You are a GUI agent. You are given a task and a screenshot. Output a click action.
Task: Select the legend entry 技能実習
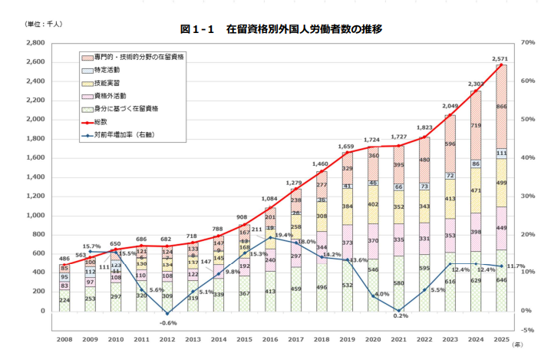pyautogui.click(x=107, y=83)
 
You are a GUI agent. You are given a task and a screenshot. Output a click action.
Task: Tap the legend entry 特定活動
pyautogui.click(x=107, y=70)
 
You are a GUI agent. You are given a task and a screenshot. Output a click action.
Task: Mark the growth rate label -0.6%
pyautogui.click(x=167, y=323)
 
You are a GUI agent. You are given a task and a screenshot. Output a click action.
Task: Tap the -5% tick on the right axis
pyautogui.click(x=529, y=330)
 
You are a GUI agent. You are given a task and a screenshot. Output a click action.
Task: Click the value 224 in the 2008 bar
pyautogui.click(x=64, y=301)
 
